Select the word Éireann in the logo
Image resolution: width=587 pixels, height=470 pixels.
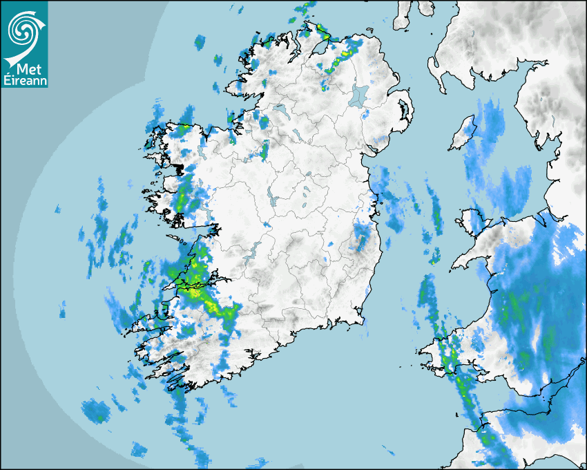pyautogui.click(x=24, y=82)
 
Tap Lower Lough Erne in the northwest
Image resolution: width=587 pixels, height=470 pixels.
pyautogui.click(x=280, y=111)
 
